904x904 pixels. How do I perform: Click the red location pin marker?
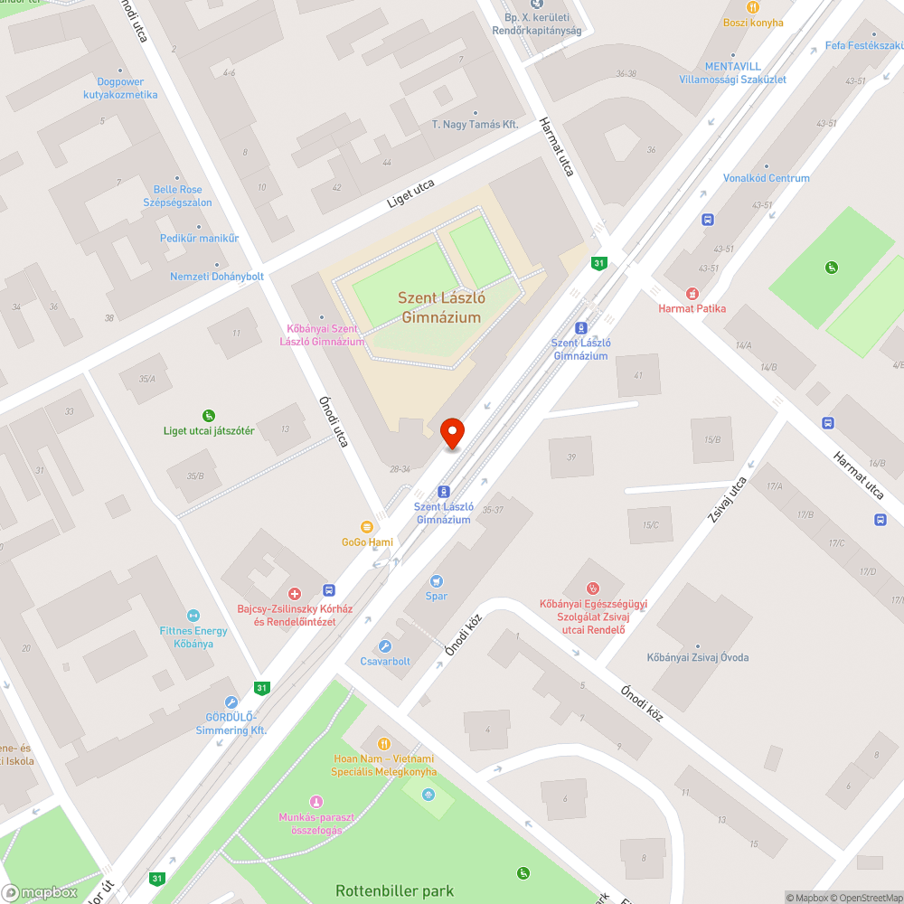click(x=451, y=433)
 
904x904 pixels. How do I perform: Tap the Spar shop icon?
click(x=437, y=581)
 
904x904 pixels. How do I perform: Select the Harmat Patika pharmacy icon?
click(x=692, y=294)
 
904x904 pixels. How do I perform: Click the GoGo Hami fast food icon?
click(x=367, y=527)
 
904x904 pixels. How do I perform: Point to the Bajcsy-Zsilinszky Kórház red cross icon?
click(x=294, y=594)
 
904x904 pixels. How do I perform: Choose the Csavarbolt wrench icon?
click(x=385, y=646)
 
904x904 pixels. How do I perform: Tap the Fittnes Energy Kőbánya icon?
click(x=193, y=616)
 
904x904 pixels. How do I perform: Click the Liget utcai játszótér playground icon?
click(x=209, y=416)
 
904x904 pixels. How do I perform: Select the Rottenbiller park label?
click(x=394, y=890)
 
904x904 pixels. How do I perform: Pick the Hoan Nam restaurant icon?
click(x=383, y=743)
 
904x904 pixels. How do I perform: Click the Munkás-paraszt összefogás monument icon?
click(x=315, y=802)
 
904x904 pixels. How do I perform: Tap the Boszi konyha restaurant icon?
click(x=752, y=7)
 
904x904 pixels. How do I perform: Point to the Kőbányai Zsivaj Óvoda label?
click(x=697, y=657)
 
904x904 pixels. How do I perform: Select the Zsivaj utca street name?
click(x=729, y=503)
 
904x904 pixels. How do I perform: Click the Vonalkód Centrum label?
click(x=766, y=178)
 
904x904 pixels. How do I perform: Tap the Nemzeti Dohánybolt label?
click(x=217, y=276)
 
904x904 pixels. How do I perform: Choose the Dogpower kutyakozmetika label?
click(x=120, y=89)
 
